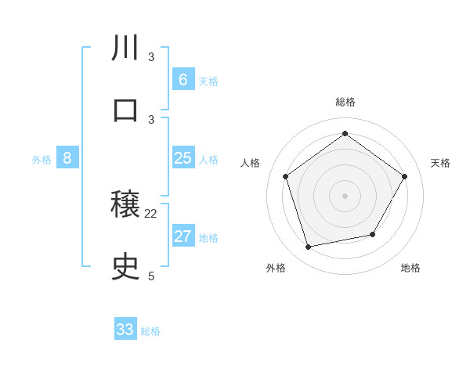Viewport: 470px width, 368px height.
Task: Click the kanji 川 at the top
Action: [125, 48]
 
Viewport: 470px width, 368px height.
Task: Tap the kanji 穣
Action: [125, 206]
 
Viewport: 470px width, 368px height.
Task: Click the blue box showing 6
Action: [183, 79]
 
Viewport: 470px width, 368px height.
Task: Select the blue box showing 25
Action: [183, 158]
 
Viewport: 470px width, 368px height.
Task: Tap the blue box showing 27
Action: [183, 236]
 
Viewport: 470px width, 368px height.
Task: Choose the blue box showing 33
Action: [125, 330]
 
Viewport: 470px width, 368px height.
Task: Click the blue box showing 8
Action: [67, 158]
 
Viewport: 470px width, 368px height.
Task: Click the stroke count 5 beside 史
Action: [151, 276]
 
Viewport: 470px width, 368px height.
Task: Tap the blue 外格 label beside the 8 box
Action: [42, 160]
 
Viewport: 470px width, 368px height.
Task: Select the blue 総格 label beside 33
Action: [150, 331]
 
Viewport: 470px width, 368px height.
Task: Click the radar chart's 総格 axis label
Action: [345, 102]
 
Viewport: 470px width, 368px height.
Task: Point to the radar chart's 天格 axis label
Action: [440, 163]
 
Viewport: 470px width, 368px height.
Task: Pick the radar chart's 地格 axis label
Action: [410, 268]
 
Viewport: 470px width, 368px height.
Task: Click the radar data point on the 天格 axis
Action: [404, 176]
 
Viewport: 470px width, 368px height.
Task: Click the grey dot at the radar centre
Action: [345, 195]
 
